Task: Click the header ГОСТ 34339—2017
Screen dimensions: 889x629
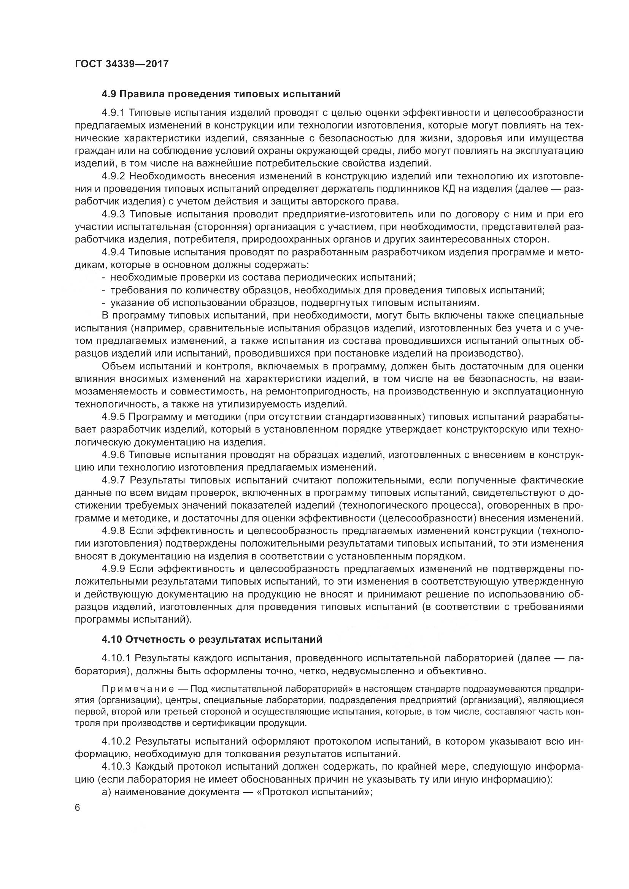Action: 122,64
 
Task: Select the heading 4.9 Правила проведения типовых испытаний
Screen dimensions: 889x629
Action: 221,94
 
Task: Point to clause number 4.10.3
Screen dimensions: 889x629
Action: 116,772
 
